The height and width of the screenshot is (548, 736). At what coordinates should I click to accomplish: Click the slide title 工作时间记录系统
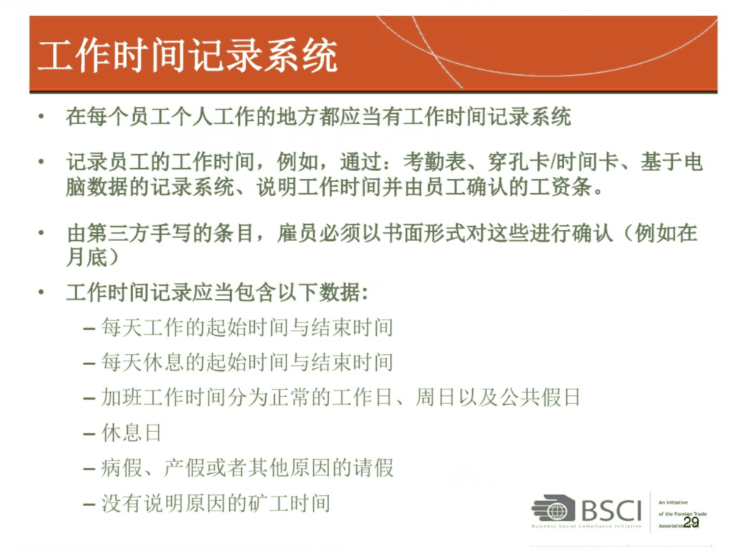[x=188, y=56]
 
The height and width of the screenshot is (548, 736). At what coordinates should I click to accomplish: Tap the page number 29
[x=691, y=522]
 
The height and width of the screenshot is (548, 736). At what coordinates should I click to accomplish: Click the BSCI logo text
[x=611, y=510]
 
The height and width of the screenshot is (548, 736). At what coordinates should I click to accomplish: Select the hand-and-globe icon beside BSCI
[x=554, y=508]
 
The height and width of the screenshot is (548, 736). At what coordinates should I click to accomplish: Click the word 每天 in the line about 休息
[x=122, y=362]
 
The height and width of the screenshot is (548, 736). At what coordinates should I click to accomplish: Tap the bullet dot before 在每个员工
[x=42, y=116]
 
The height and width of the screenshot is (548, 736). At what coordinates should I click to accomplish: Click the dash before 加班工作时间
[x=89, y=398]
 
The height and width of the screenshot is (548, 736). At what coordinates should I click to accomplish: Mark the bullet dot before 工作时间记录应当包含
[x=42, y=292]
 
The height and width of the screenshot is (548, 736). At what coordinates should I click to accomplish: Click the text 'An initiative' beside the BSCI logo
[x=673, y=502]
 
